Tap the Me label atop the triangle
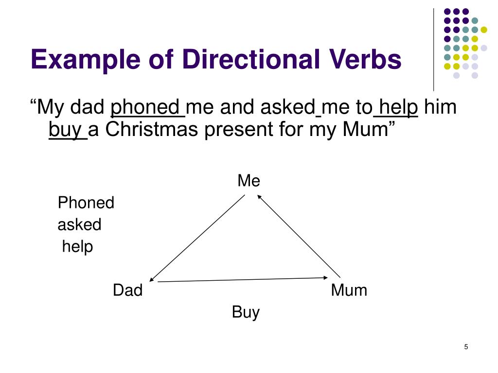pos(249,181)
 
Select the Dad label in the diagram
pos(127,290)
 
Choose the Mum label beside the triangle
pos(349,290)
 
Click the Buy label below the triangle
pos(246,312)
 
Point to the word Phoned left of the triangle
pos(86,203)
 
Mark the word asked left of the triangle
pos(79,224)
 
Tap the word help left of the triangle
pos(77,247)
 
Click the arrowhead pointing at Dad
pos(152,280)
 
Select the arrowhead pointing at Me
pos(259,196)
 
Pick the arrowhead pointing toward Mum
pos(326,278)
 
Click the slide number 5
pos(466,347)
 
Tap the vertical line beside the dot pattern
pos(433,49)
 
